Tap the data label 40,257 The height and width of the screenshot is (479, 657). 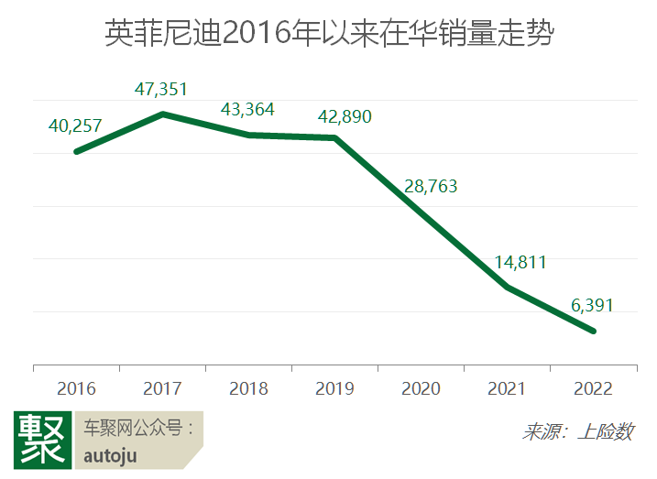pyautogui.click(x=74, y=125)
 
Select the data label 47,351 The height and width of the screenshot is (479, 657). pyautogui.click(x=162, y=89)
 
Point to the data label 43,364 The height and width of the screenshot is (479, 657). pyautogui.click(x=247, y=109)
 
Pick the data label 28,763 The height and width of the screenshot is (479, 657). pyautogui.click(x=430, y=187)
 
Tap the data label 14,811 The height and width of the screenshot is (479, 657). pyautogui.click(x=520, y=263)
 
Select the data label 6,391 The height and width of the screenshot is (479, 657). pyautogui.click(x=592, y=306)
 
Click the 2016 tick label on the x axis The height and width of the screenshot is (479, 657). pyautogui.click(x=76, y=388)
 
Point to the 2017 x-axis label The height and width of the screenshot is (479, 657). pyautogui.click(x=162, y=388)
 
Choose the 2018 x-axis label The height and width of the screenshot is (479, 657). pyautogui.click(x=248, y=388)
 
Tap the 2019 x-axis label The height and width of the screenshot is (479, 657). pyautogui.click(x=334, y=388)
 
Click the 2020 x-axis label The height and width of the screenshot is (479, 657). pyautogui.click(x=421, y=388)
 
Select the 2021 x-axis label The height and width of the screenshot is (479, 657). pyautogui.click(x=507, y=388)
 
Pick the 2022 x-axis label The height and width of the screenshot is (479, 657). pyautogui.click(x=593, y=388)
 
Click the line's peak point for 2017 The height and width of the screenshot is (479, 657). pyautogui.click(x=162, y=114)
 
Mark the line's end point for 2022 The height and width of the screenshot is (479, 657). pyautogui.click(x=594, y=331)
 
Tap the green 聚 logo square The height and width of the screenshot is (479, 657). pyautogui.click(x=42, y=441)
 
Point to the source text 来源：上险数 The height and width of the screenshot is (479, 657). pyautogui.click(x=577, y=431)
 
